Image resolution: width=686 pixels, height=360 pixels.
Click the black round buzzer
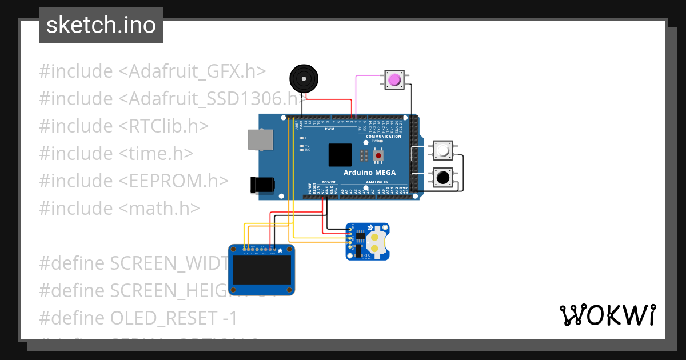[x=302, y=78]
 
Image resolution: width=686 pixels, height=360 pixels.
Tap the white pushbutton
[x=442, y=151]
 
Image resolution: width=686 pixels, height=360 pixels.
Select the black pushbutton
[x=442, y=178]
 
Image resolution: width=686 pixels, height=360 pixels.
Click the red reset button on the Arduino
[x=378, y=155]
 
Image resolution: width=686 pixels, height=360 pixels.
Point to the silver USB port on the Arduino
[x=260, y=140]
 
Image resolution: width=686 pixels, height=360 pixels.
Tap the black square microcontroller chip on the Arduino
[x=340, y=155]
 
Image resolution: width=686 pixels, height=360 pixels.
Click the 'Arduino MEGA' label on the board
[x=369, y=173]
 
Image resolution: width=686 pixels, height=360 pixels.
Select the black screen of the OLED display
[x=261, y=274]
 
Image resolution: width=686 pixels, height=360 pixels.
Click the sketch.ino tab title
[x=101, y=25]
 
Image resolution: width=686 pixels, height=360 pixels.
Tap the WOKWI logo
[x=607, y=315]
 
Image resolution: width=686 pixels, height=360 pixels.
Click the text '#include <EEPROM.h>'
[x=134, y=181]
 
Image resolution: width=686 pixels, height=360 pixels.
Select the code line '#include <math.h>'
[x=119, y=208]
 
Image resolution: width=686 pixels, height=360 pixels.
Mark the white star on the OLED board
[x=280, y=250]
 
